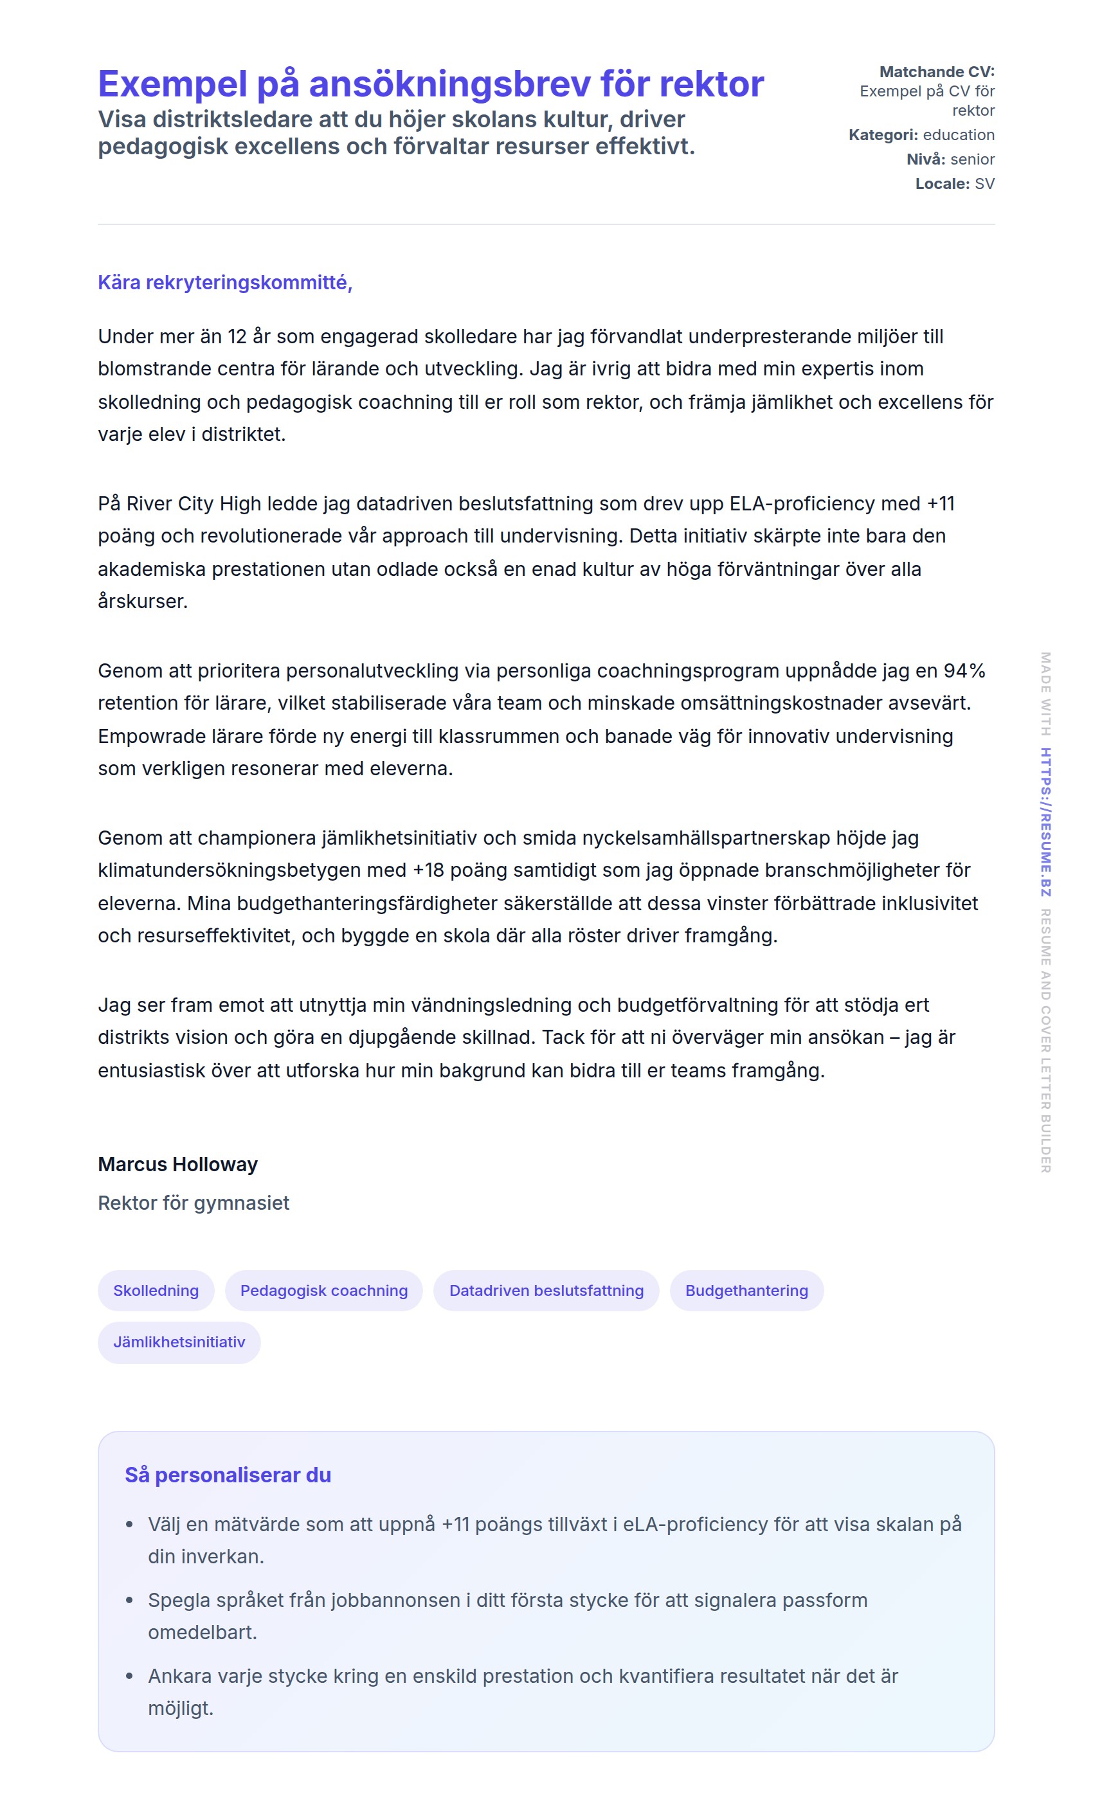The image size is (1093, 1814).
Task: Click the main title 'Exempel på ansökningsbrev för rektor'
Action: pos(431,84)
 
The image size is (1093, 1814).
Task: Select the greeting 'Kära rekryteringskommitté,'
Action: pos(224,283)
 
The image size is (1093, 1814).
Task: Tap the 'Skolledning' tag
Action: pos(156,1291)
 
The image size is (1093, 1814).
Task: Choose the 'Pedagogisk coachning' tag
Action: pos(323,1291)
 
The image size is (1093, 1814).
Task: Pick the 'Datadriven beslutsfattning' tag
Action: pos(546,1291)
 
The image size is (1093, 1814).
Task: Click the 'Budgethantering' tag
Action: pos(746,1291)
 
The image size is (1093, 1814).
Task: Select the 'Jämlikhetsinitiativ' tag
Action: pos(179,1342)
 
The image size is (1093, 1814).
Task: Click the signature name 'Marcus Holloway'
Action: pos(177,1164)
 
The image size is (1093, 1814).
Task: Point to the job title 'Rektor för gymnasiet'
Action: pos(194,1203)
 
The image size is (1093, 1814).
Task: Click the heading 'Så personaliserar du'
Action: pos(228,1475)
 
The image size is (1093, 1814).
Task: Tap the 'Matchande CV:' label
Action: pos(936,72)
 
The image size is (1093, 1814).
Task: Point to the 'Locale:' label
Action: pos(942,184)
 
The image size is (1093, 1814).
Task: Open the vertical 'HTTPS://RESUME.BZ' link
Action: pos(1046,822)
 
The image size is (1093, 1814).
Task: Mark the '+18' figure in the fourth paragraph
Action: pos(428,870)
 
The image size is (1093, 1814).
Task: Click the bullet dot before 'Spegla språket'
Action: pos(130,1601)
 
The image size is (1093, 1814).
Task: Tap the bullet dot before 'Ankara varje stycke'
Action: pos(130,1676)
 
